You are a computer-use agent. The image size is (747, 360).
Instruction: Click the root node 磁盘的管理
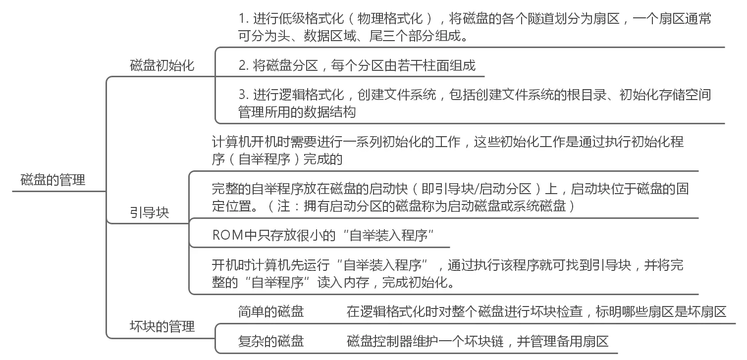tap(53, 180)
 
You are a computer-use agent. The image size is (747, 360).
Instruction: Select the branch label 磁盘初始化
tap(162, 65)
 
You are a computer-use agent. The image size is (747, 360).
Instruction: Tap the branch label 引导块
tap(149, 212)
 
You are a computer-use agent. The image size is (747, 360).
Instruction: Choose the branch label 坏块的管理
tap(162, 326)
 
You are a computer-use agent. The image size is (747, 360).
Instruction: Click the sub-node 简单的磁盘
tap(270, 311)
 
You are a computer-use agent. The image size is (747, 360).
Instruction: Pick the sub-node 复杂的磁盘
tap(270, 341)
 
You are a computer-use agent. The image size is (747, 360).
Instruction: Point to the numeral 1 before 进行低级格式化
tap(242, 19)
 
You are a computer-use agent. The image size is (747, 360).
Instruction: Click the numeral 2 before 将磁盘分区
tap(242, 65)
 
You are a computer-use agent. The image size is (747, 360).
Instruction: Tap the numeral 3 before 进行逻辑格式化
tap(242, 94)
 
